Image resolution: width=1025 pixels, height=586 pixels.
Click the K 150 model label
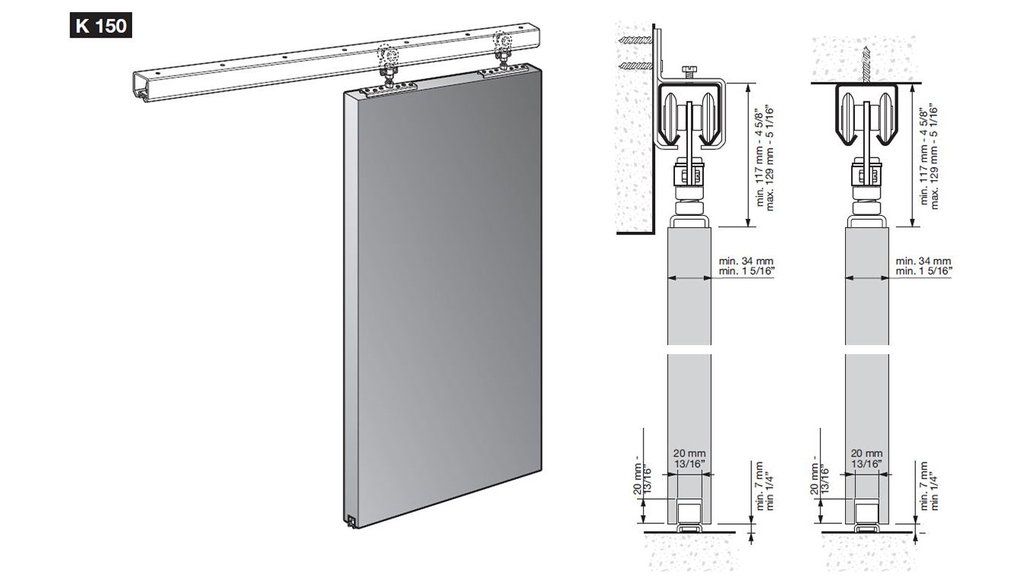pyautogui.click(x=101, y=25)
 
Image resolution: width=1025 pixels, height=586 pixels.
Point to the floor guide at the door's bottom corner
pyautogui.click(x=352, y=521)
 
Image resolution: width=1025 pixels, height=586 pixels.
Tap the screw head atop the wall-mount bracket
pyautogui.click(x=688, y=72)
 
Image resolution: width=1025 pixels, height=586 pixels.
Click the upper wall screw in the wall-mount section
pyautogui.click(x=635, y=40)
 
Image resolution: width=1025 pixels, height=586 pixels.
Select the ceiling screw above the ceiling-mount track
pyautogui.click(x=866, y=65)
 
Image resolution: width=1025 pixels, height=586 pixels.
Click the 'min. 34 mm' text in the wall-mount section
pyautogui.click(x=746, y=261)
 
